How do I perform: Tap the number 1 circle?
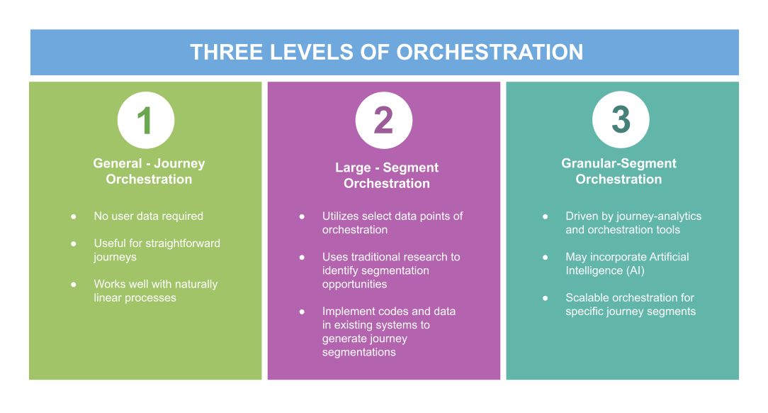coord(146,120)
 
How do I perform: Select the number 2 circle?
coord(383,120)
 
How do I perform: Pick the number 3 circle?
coord(621,120)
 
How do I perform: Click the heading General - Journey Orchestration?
coord(149,171)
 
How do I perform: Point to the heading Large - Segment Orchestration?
coord(387,175)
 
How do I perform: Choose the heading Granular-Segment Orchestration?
coord(619,171)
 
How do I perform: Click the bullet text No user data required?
coord(148,216)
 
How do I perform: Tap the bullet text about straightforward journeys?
coord(157,250)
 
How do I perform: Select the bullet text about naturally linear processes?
coord(155,291)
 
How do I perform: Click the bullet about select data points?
coord(392,223)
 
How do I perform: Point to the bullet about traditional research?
coord(390,270)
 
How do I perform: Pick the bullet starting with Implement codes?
coord(388,331)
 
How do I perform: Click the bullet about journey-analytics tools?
coord(633,223)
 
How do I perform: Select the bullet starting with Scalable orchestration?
coord(630,304)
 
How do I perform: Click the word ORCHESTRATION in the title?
coord(490,53)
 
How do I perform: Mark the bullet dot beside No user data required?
coord(74,216)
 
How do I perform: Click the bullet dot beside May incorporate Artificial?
coord(546,257)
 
